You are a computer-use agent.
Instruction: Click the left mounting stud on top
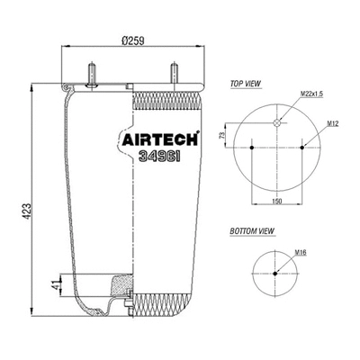pyautogui.click(x=91, y=73)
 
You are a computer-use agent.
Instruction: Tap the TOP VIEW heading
pyautogui.click(x=246, y=83)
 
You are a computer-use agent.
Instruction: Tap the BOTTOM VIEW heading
pyautogui.click(x=252, y=232)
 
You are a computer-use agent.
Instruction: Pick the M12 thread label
pyautogui.click(x=332, y=122)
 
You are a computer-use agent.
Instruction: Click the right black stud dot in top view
pyautogui.click(x=304, y=146)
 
